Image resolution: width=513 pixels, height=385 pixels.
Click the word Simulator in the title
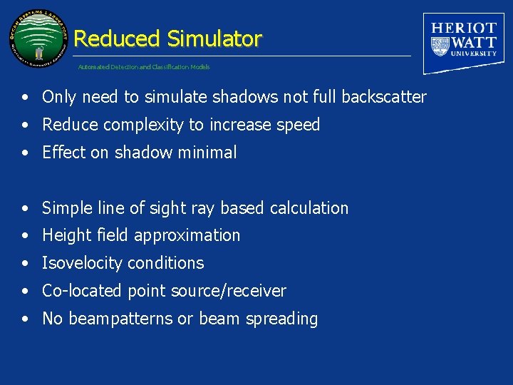214,38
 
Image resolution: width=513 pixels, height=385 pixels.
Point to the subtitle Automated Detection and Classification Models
144,67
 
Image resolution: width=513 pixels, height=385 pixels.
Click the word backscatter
384,97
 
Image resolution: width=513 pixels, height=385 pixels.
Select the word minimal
210,153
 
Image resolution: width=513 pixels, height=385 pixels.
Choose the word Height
65,235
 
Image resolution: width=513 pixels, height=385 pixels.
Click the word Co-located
83,291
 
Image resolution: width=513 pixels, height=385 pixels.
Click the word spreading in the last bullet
281,319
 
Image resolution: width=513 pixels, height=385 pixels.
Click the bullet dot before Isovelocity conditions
25,264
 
